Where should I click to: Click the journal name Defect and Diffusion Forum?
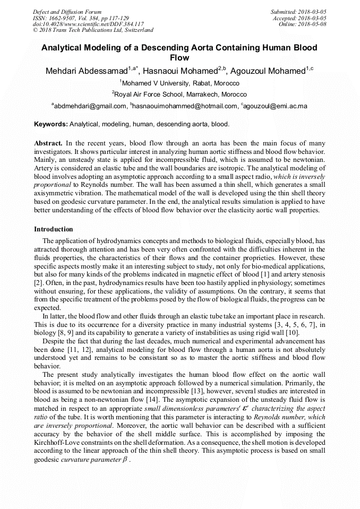pyautogui.click(x=67, y=12)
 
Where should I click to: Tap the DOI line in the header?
pyautogui.click(x=88, y=24)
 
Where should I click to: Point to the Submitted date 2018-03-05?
pyautogui.click(x=298, y=12)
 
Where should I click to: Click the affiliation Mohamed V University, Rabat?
pyautogui.click(x=181, y=83)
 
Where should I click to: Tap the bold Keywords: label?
pyautogui.click(x=51, y=124)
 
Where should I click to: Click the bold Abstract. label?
pyautogui.click(x=48, y=143)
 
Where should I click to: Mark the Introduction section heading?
pyautogui.click(x=54, y=229)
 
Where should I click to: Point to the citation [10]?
pyautogui.click(x=293, y=332)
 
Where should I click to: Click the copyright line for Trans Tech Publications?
pyautogui.click(x=93, y=30)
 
